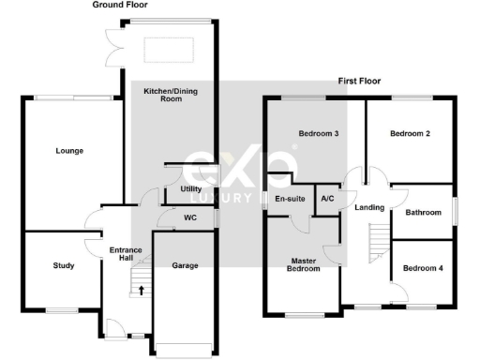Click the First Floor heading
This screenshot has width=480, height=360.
(x=359, y=82)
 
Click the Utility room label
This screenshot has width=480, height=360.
(x=190, y=189)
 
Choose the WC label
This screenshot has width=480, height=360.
(x=189, y=218)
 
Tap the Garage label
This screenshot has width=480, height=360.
(x=185, y=265)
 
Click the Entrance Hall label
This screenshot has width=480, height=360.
(x=125, y=255)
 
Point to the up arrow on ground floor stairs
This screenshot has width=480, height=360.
(x=142, y=291)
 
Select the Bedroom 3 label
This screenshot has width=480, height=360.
(x=318, y=134)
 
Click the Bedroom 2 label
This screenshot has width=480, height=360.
(x=410, y=134)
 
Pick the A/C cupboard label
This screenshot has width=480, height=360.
(x=327, y=199)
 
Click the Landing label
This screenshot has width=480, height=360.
(x=369, y=208)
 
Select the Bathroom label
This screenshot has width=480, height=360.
(x=423, y=213)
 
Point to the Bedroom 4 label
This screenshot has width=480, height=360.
(x=420, y=269)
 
